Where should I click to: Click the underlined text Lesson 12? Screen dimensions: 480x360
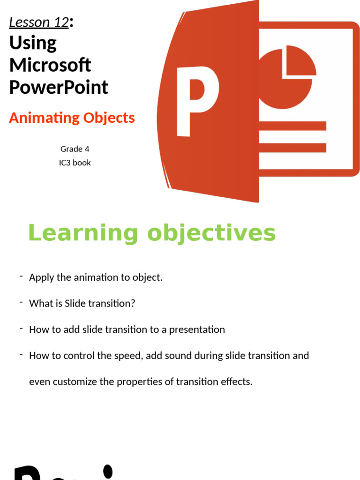coord(39,22)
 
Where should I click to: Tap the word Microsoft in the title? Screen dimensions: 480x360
coord(50,65)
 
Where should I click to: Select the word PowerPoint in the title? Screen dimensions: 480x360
coord(59,87)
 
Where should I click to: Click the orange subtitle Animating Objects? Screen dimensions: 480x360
coord(72,118)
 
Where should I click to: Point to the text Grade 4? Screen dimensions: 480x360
coord(75,149)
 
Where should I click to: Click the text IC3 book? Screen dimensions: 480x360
coord(75,163)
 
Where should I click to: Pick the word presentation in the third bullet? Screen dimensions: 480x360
coord(197,329)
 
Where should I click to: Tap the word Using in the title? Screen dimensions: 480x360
coord(33,43)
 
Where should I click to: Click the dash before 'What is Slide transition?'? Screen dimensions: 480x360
coord(22,302)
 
